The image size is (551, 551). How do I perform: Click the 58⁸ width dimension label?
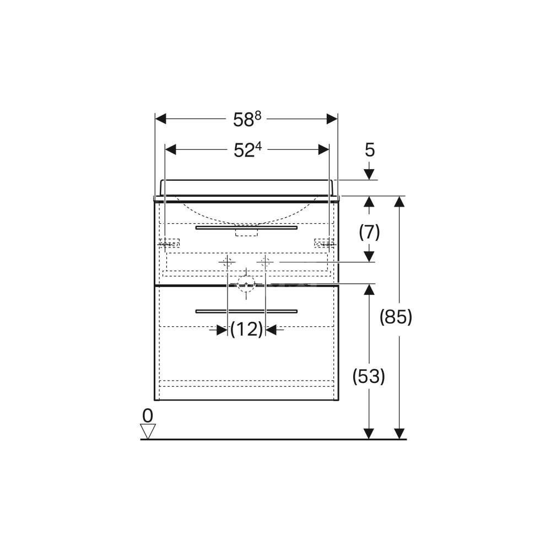(247, 119)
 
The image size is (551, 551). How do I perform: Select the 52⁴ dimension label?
(248, 150)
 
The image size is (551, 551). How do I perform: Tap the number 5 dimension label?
(370, 150)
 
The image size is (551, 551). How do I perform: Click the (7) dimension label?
(369, 233)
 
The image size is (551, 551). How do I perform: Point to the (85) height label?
(396, 317)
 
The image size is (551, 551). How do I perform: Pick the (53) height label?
(369, 376)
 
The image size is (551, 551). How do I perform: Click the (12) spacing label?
(247, 329)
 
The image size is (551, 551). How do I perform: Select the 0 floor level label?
(148, 415)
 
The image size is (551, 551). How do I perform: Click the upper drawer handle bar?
(246, 228)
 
